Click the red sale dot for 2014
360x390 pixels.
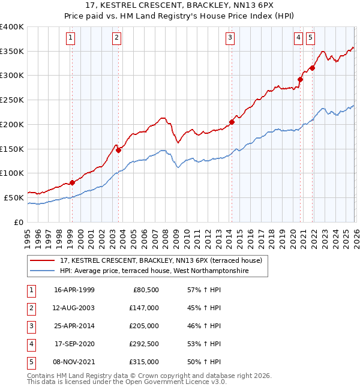[232, 122]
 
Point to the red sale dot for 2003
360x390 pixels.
[118, 151]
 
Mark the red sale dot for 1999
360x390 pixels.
[72, 183]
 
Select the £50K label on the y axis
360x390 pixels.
[14, 197]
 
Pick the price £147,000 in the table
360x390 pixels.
[144, 308]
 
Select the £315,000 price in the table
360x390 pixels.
[144, 362]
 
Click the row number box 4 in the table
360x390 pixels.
[30, 344]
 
